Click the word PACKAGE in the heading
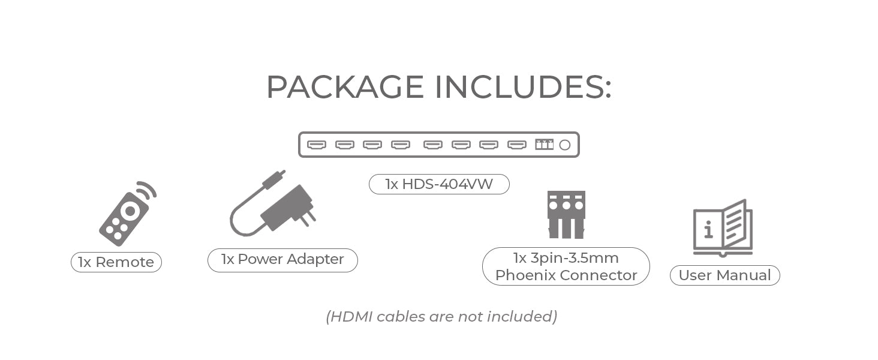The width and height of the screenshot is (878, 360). pyautogui.click(x=345, y=88)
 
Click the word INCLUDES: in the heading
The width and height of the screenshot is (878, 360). pyautogui.click(x=522, y=88)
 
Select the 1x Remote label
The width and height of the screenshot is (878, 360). pyautogui.click(x=116, y=262)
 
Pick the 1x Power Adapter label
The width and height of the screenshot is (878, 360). pyautogui.click(x=282, y=259)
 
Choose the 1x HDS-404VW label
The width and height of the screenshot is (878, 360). pyautogui.click(x=439, y=184)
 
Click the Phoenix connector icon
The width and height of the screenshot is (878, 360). pyautogui.click(x=566, y=214)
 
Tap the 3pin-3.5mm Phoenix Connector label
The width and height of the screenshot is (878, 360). pyautogui.click(x=566, y=266)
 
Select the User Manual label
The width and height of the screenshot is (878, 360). pyautogui.click(x=724, y=275)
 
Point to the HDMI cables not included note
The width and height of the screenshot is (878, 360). pyautogui.click(x=441, y=316)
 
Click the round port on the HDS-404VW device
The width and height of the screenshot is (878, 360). pyautogui.click(x=564, y=145)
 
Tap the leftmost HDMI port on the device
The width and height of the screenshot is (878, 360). pyautogui.click(x=316, y=145)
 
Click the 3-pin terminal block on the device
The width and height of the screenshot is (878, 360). pyautogui.click(x=544, y=144)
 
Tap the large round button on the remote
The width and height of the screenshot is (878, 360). pyautogui.click(x=128, y=211)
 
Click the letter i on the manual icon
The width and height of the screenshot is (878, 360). pyautogui.click(x=708, y=229)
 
